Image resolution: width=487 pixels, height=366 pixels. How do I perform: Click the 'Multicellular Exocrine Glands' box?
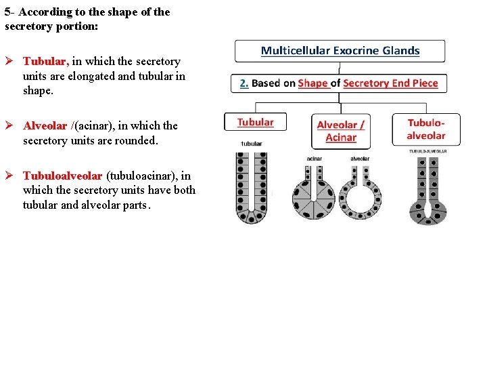click(340, 51)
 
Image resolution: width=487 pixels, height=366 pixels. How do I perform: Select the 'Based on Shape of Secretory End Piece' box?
click(339, 83)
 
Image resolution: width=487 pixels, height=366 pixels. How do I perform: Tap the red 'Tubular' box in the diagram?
click(255, 123)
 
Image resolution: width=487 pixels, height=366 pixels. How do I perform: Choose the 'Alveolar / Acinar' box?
click(340, 131)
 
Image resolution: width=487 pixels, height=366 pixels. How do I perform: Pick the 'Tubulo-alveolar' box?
click(425, 129)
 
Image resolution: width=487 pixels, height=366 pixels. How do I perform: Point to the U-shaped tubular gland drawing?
click(250, 188)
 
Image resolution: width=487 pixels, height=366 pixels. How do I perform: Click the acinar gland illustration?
click(313, 197)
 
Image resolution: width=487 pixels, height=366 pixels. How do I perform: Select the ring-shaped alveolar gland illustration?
click(359, 197)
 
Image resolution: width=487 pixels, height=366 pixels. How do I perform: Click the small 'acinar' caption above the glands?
click(314, 159)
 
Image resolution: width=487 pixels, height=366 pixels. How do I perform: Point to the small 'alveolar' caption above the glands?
click(359, 159)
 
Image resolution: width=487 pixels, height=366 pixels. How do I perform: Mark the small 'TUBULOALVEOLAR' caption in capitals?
click(426, 150)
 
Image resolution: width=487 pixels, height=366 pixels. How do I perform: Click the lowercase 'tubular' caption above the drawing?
click(252, 144)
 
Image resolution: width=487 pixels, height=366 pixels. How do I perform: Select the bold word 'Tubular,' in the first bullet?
click(46, 62)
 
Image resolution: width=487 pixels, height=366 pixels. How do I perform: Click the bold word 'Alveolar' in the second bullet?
click(45, 125)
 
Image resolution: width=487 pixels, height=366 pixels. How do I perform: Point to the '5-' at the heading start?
click(9, 12)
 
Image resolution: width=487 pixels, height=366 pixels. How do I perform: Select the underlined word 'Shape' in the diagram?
click(312, 83)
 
